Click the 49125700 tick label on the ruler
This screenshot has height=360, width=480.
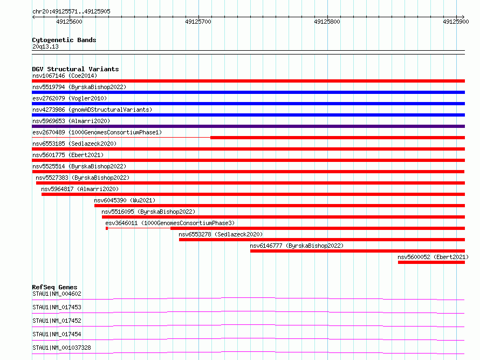(x=198, y=22)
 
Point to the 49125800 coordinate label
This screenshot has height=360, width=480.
(x=327, y=22)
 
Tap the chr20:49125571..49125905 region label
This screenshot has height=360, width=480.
(x=71, y=12)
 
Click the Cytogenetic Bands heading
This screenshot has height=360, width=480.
(x=64, y=40)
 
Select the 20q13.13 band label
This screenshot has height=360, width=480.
(x=45, y=46)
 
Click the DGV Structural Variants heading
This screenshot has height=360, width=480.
(x=76, y=69)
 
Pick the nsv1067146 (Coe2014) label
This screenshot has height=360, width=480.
(x=65, y=76)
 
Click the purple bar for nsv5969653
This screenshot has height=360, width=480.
(x=248, y=126)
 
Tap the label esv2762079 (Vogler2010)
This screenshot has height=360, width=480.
(x=70, y=98)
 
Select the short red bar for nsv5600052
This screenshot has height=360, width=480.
(x=431, y=262)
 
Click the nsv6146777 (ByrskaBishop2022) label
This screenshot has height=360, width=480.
(x=297, y=246)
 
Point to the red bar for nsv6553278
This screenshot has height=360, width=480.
(x=322, y=240)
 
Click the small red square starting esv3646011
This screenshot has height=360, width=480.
(x=107, y=228)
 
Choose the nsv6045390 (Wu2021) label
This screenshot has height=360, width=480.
(x=125, y=200)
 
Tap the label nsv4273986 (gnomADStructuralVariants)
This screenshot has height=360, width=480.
(x=92, y=110)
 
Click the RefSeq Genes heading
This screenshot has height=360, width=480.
(x=54, y=287)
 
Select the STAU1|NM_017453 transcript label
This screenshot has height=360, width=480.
(x=57, y=307)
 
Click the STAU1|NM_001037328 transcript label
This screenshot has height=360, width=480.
(x=61, y=348)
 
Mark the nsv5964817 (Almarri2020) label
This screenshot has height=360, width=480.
(x=80, y=189)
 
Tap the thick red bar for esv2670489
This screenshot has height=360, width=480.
(x=338, y=138)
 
